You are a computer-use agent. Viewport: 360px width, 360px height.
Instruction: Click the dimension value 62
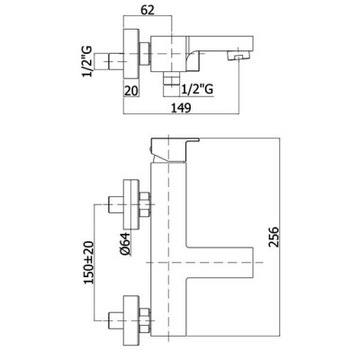coord(148,10)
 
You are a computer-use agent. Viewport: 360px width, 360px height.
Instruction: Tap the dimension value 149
coord(181,107)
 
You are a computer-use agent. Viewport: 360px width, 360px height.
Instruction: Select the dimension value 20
coord(130,91)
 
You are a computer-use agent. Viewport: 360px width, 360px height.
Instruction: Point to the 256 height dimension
coord(274,237)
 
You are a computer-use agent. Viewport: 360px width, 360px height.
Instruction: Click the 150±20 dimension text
coord(89,262)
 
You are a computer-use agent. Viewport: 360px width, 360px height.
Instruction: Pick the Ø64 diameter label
coord(125,244)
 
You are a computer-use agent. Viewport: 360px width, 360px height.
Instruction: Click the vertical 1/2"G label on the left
coord(86,61)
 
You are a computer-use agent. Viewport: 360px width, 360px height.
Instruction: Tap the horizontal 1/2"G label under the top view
coord(197,89)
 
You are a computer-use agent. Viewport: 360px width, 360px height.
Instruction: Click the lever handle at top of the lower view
coord(175,150)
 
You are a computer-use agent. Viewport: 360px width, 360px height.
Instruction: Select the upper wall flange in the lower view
coord(131,205)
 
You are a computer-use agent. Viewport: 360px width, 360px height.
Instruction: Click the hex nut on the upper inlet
coord(145,205)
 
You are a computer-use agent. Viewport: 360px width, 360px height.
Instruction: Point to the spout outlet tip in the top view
coord(238,56)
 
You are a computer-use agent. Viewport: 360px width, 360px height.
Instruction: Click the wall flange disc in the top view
coord(131,54)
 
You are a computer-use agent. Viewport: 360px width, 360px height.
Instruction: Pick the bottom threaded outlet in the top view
coord(171,85)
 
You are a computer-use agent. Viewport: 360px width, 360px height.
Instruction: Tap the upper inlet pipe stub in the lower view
coord(116,205)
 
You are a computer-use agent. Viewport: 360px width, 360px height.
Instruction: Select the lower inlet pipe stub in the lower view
coord(116,321)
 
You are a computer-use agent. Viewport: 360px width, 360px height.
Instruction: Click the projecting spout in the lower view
coord(220,263)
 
